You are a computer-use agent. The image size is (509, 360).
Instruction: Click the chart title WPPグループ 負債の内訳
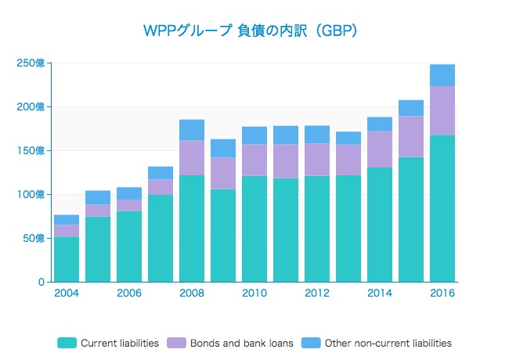251,31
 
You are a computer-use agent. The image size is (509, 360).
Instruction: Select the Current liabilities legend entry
109,343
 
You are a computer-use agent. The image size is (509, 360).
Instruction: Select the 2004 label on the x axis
66,293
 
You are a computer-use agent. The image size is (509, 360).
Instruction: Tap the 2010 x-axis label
254,293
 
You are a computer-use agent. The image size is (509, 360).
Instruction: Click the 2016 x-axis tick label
442,293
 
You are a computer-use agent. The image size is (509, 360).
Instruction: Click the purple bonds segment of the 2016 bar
442,110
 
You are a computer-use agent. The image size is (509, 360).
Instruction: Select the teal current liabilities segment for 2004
67,259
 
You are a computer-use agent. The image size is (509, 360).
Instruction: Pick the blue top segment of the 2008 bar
192,130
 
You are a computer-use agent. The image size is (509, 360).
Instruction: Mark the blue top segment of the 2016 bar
442,75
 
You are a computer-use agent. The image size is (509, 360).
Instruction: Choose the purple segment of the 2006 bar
129,205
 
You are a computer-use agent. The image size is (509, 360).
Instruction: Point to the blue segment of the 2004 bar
67,220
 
